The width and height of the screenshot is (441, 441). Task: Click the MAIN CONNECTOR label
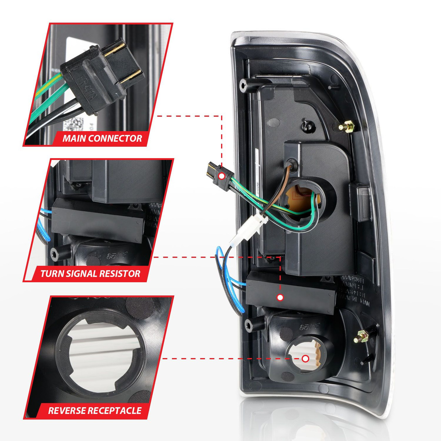[x=102, y=139]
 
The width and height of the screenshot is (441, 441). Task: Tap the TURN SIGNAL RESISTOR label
[x=90, y=274]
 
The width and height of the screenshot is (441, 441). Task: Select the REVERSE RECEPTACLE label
[x=95, y=411]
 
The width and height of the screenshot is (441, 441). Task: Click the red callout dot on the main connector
[x=222, y=176]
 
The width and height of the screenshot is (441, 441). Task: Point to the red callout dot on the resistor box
[x=280, y=297]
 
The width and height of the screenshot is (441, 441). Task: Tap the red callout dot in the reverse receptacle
[x=305, y=359]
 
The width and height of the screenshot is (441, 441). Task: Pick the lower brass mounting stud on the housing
[x=360, y=336]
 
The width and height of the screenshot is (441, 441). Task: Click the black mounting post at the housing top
[x=246, y=85]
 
